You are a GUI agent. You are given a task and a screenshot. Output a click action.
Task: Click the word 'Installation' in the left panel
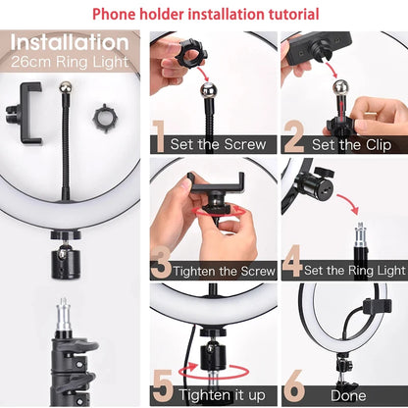(69, 44)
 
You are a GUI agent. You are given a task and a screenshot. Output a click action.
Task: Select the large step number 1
(160, 138)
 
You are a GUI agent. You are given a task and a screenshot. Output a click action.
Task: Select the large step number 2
(292, 138)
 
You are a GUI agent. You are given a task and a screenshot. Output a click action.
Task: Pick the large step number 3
(162, 267)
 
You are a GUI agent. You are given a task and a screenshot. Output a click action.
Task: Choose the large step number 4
(292, 265)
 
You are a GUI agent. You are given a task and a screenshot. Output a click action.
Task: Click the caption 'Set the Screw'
(219, 143)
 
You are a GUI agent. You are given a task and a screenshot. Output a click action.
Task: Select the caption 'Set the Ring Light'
(354, 271)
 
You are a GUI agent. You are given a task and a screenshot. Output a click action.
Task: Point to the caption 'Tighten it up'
(223, 394)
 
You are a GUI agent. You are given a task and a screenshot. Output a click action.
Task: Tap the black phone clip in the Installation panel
(29, 112)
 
